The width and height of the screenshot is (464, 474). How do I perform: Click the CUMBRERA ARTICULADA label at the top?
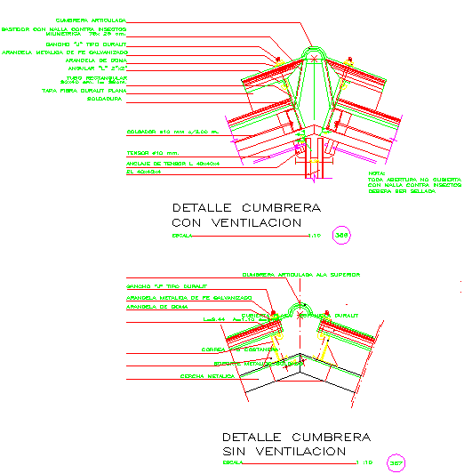(x=91, y=18)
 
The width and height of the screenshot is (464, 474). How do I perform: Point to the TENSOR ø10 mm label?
(x=153, y=152)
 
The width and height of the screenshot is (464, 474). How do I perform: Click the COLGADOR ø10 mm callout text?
(x=172, y=131)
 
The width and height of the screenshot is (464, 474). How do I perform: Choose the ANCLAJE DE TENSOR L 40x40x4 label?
(x=172, y=165)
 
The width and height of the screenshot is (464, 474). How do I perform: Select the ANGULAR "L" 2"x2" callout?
(x=106, y=68)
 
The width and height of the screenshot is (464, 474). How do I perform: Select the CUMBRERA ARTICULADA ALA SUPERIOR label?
(x=301, y=275)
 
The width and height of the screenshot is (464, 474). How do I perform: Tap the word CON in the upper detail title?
(x=188, y=221)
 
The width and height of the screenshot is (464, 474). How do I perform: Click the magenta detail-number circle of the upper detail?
(x=340, y=235)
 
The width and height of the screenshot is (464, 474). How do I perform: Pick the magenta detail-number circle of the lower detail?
(x=396, y=462)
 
